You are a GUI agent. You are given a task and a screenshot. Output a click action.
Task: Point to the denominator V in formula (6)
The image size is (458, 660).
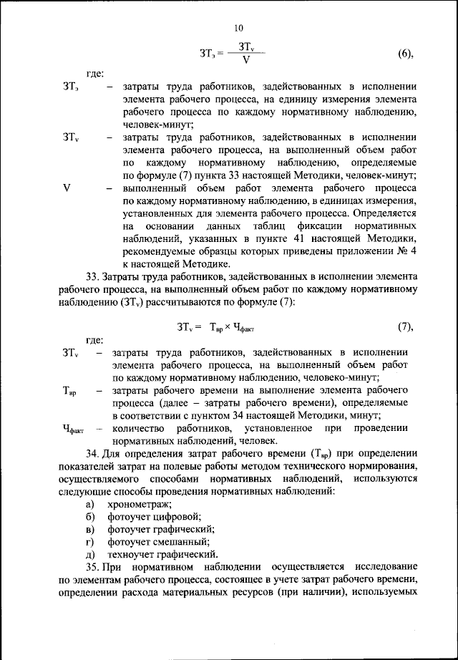pyautogui.click(x=245, y=62)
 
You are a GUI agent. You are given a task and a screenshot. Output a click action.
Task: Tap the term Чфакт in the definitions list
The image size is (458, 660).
pyautogui.click(x=73, y=430)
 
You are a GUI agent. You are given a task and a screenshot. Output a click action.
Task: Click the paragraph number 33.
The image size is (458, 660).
pyautogui.click(x=92, y=277)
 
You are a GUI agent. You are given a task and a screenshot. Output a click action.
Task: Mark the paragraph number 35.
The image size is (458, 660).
pyautogui.click(x=92, y=567)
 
